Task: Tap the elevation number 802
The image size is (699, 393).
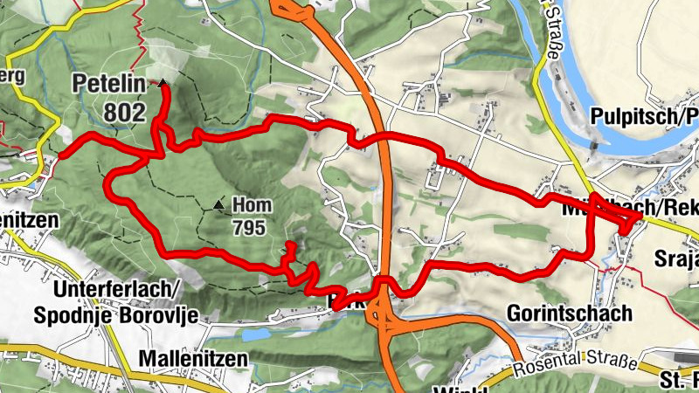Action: [125, 112]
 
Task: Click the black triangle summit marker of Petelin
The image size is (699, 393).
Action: [163, 84]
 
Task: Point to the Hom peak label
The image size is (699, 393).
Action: [252, 206]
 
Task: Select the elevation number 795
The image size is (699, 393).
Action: [249, 226]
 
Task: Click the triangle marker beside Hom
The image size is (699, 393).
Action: [218, 205]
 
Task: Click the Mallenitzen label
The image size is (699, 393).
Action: [192, 359]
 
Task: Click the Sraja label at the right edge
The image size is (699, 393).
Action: [676, 259]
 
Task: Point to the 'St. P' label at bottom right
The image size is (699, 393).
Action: [678, 381]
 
